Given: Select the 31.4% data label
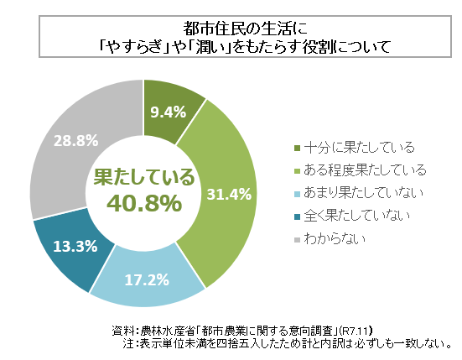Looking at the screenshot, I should [x=229, y=194].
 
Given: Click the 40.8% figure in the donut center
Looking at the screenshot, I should [x=144, y=202].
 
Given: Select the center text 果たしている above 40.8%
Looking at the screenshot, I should [x=143, y=177].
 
